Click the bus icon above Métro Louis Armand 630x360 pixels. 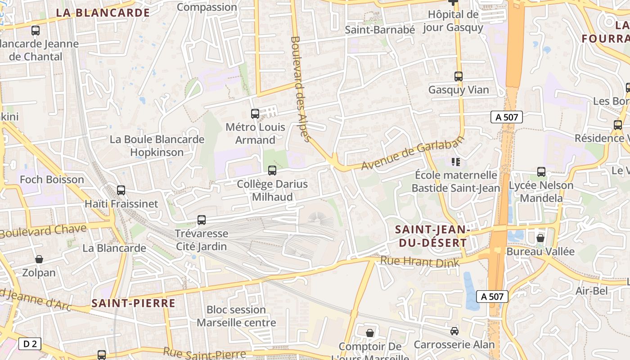coord(255,114)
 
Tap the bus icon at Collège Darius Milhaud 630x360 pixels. coord(272,171)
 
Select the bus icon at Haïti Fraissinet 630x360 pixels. coord(121,190)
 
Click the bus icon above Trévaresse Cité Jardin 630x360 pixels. coord(202,220)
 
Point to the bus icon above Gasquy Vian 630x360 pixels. coord(459,76)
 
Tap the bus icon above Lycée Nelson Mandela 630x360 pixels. coord(541,172)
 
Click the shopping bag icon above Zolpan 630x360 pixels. coord(39,259)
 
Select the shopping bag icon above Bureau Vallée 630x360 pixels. coord(540,238)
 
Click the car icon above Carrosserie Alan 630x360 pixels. coord(454,331)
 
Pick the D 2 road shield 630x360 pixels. coord(30,344)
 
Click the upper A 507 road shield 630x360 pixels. coord(507,117)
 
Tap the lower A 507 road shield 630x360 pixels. coord(493,297)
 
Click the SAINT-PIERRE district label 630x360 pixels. coord(133,303)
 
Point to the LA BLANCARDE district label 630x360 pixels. coord(103,13)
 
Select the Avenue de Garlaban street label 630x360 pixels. coord(413,154)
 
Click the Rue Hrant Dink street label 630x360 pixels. coord(420,262)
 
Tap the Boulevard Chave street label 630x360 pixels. coord(44,231)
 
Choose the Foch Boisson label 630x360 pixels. coord(52,180)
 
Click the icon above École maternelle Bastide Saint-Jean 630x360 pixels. coord(455,161)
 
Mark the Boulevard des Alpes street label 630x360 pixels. coord(301,89)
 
